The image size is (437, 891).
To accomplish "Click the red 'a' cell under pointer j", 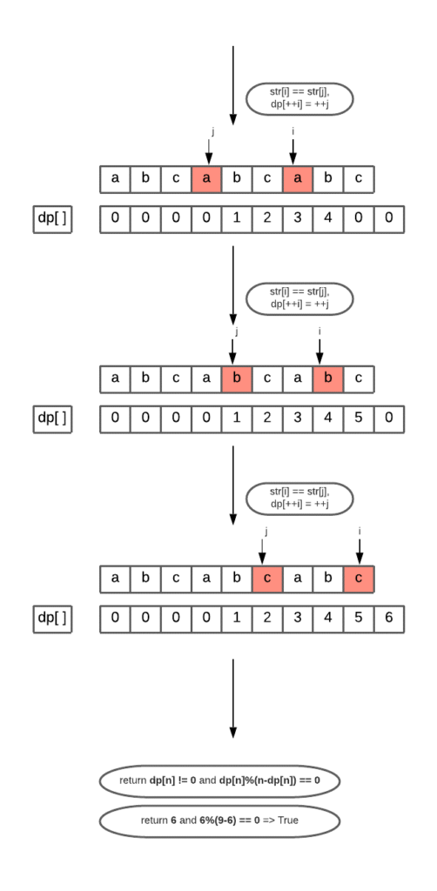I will tap(206, 179).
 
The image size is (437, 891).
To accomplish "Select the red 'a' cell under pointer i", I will tap(297, 179).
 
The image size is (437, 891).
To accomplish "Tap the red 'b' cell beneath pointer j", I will tap(237, 379).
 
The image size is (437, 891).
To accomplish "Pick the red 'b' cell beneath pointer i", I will tap(327, 379).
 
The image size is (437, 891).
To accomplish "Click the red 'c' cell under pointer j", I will tap(266, 578).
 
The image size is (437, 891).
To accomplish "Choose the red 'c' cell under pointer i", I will tap(358, 578).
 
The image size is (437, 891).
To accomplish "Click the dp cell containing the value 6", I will tap(388, 618).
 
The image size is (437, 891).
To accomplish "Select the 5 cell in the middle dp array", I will tap(358, 419).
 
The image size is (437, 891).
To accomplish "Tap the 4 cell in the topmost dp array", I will tap(327, 218).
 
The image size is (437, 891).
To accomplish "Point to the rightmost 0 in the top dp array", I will tap(388, 218).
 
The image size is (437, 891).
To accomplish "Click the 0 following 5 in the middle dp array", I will tap(388, 419).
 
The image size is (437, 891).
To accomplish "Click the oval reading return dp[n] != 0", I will tap(219, 780).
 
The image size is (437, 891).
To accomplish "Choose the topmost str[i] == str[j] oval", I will tap(299, 98).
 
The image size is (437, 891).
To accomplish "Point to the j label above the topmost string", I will tap(212, 131).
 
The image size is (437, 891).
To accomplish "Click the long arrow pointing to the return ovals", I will tap(232, 696).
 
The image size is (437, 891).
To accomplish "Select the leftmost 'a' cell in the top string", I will tap(115, 179).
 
